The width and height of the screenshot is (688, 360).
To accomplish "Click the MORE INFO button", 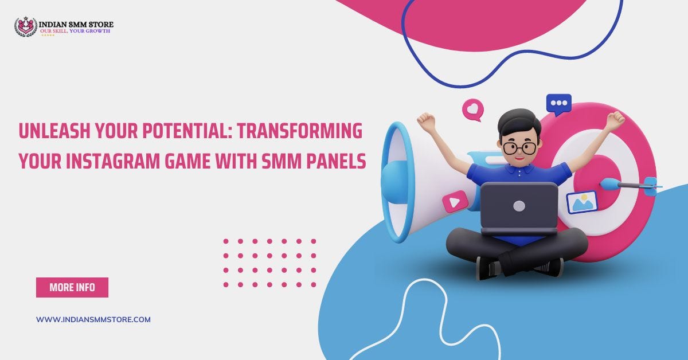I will point(72,287).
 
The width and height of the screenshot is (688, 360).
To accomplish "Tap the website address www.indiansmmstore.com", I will point(93,319).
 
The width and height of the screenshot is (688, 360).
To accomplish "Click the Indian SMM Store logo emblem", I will point(26,26).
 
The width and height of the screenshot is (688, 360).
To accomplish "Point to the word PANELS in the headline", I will point(336,162).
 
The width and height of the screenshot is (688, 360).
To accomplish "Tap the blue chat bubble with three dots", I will point(558,104).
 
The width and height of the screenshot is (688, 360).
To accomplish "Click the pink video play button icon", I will point(455,201).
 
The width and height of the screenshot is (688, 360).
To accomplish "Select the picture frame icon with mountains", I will point(582,201).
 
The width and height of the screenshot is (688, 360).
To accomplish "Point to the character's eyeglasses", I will point(519,147).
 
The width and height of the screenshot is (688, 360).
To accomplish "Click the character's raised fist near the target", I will point(615,119).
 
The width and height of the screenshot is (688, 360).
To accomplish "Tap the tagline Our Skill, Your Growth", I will point(75,30).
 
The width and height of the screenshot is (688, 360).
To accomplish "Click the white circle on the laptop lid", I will point(519,205).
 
